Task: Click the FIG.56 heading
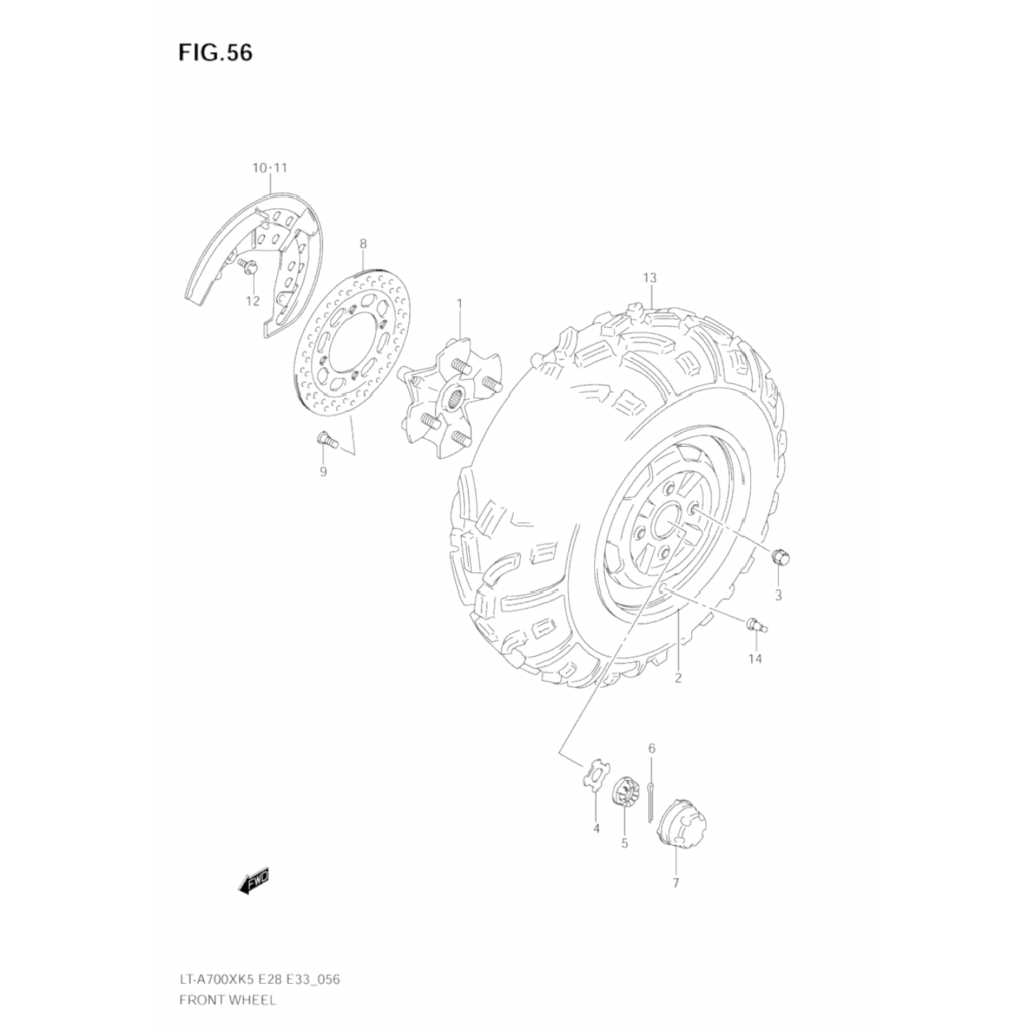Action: [215, 53]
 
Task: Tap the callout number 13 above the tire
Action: [650, 278]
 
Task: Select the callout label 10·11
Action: [270, 168]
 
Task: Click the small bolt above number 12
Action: [248, 266]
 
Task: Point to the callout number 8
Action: [363, 244]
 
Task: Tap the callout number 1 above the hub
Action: [460, 303]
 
